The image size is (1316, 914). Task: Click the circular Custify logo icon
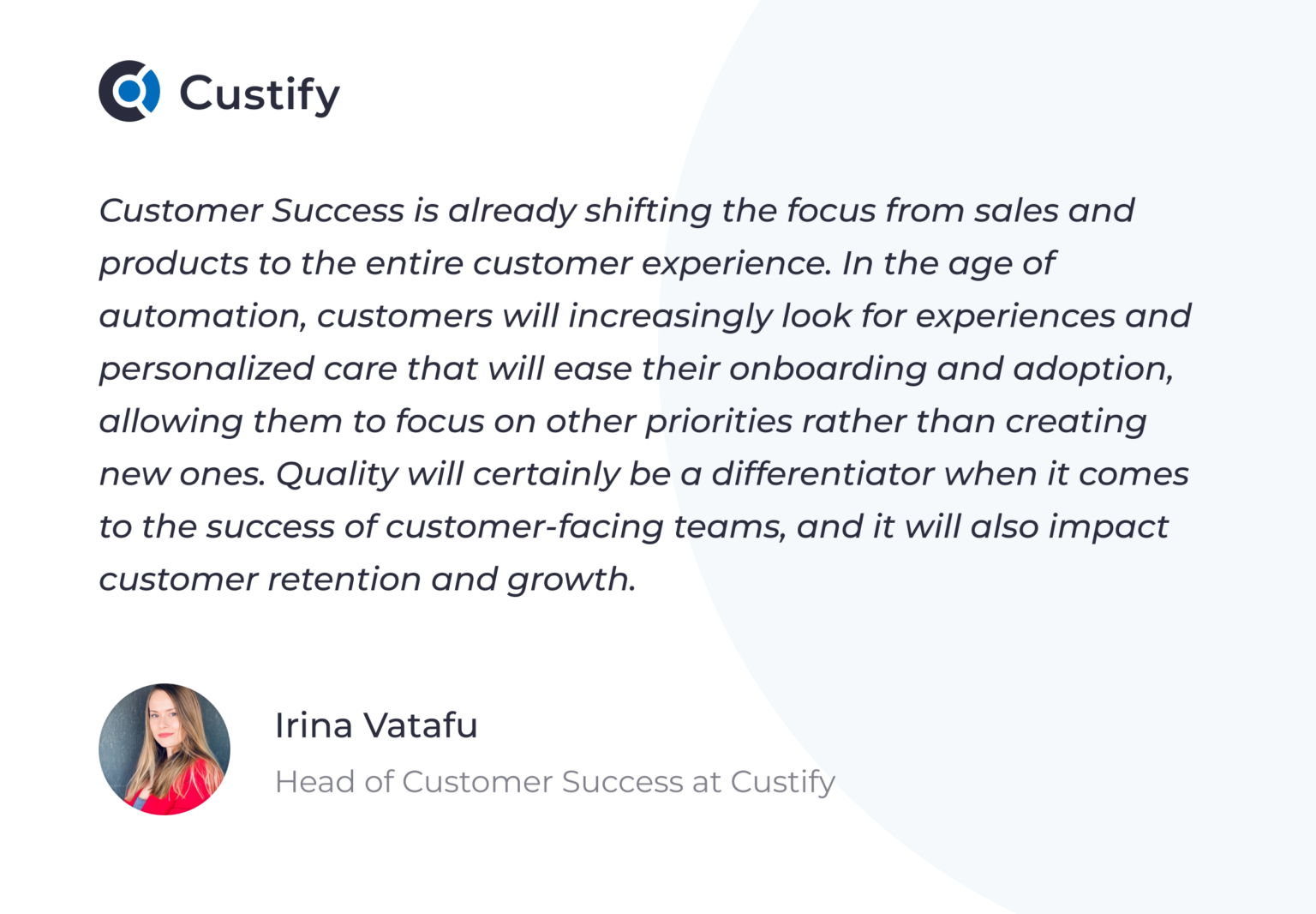129,91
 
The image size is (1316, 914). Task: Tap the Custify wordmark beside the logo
260,94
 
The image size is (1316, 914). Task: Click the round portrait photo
164,749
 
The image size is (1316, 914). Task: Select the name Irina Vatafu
375,725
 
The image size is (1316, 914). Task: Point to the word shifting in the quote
648,212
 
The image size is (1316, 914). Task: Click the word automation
202,316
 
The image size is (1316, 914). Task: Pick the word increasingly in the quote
670,317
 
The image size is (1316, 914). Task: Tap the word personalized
206,370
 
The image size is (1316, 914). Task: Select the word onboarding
828,369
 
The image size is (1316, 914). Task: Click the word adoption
1092,370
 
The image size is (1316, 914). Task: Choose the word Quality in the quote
337,475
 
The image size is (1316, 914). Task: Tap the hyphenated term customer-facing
524,527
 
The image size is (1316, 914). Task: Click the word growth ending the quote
570,580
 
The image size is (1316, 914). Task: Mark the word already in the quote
511,212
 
